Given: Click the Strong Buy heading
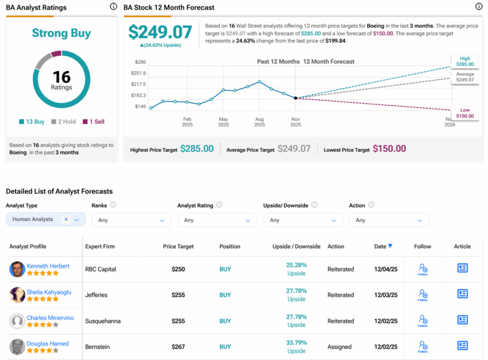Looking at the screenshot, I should point(62,33).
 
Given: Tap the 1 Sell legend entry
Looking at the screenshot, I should point(93,121).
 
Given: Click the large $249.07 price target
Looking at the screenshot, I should point(160,32).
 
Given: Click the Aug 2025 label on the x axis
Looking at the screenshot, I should point(259,121).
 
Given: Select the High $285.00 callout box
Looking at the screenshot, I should point(464,61).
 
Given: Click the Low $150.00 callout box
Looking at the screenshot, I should point(464,113).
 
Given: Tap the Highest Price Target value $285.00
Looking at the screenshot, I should point(196,149).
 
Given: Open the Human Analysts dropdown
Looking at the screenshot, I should point(45,219).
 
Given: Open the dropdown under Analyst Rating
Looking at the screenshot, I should point(217,220).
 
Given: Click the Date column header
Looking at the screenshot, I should point(383,246).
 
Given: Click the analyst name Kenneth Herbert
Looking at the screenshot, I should point(48,266).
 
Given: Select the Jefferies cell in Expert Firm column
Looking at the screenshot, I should point(97,295).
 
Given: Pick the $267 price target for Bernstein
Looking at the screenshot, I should point(178,347).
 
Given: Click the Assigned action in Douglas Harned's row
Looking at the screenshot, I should point(340,347).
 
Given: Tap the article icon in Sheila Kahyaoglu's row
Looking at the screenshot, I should point(462,294).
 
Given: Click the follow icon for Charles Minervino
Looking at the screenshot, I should point(423,321).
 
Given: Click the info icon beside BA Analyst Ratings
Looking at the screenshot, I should point(113,7).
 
